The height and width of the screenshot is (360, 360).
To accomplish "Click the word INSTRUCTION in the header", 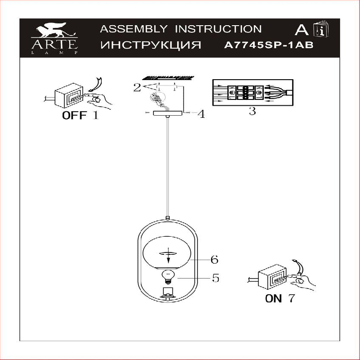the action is coord(218,29).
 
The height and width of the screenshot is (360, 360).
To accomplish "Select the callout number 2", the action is coord(137,87).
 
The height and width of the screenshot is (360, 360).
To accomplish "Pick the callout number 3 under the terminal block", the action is coord(252,111).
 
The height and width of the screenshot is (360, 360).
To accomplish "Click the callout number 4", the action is coord(201,114).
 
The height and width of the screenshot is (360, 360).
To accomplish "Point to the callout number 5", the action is coord(216,279).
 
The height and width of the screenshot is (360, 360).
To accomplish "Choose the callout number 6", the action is coord(214,260).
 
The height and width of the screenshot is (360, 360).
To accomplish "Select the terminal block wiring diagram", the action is coord(252,92).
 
